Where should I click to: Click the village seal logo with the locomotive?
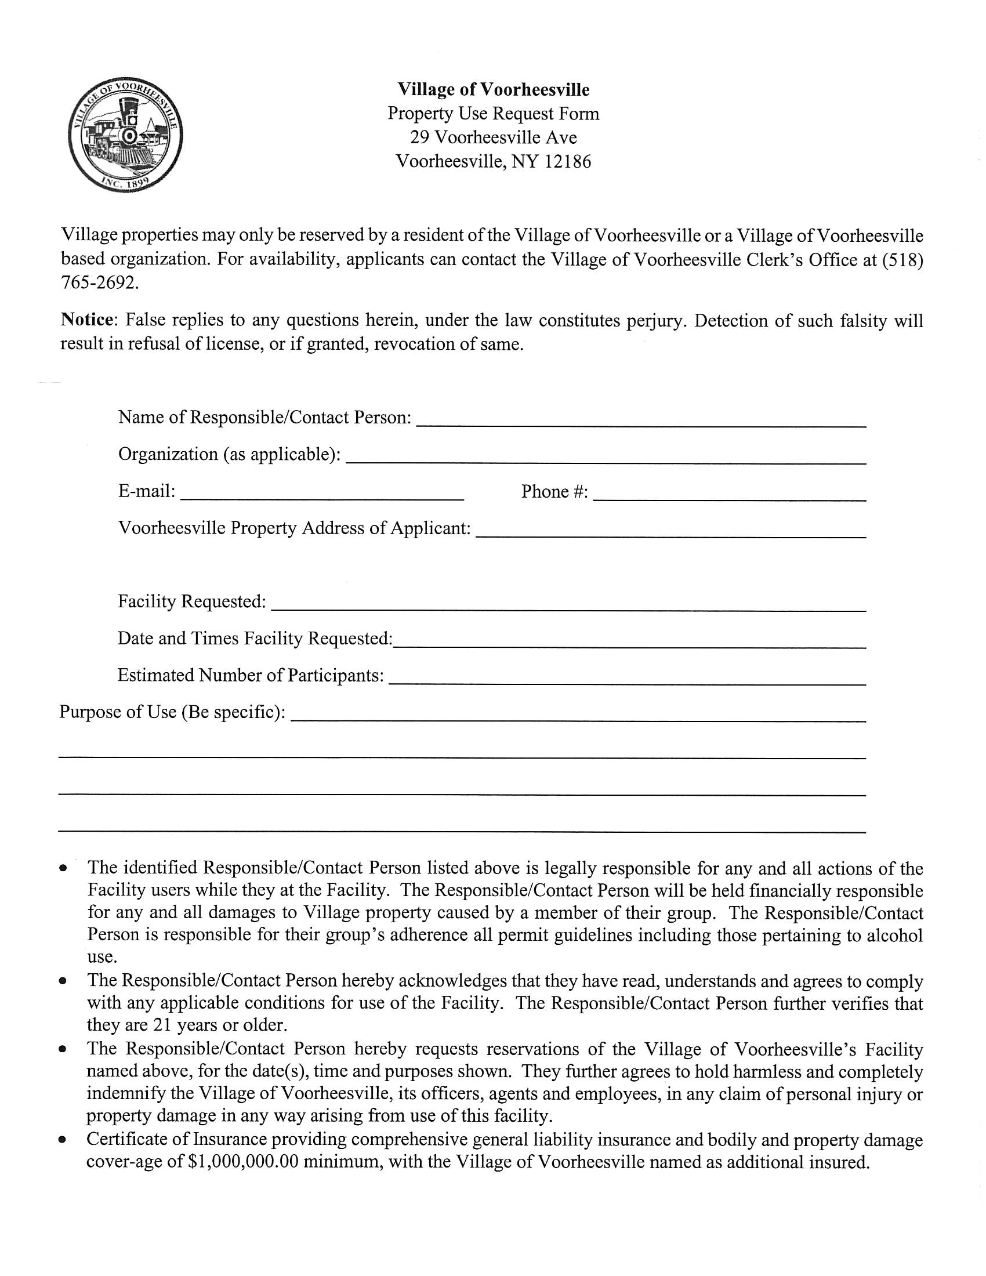click(125, 135)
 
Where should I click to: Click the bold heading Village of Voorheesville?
click(493, 89)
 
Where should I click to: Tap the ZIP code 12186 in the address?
click(567, 161)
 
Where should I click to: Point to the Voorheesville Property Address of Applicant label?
click(294, 528)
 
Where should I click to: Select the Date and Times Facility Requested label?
click(255, 639)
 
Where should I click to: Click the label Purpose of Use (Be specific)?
click(172, 712)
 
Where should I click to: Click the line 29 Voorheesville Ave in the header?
click(493, 137)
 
